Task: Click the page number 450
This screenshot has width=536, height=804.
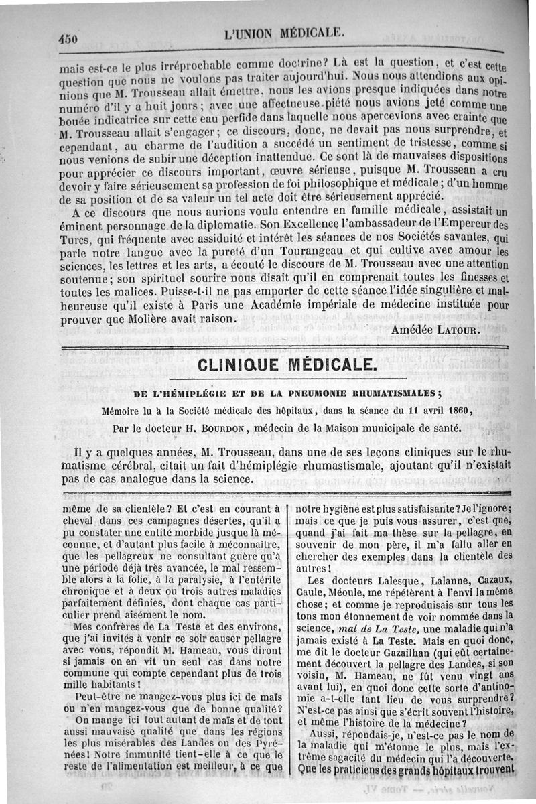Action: [70, 38]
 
